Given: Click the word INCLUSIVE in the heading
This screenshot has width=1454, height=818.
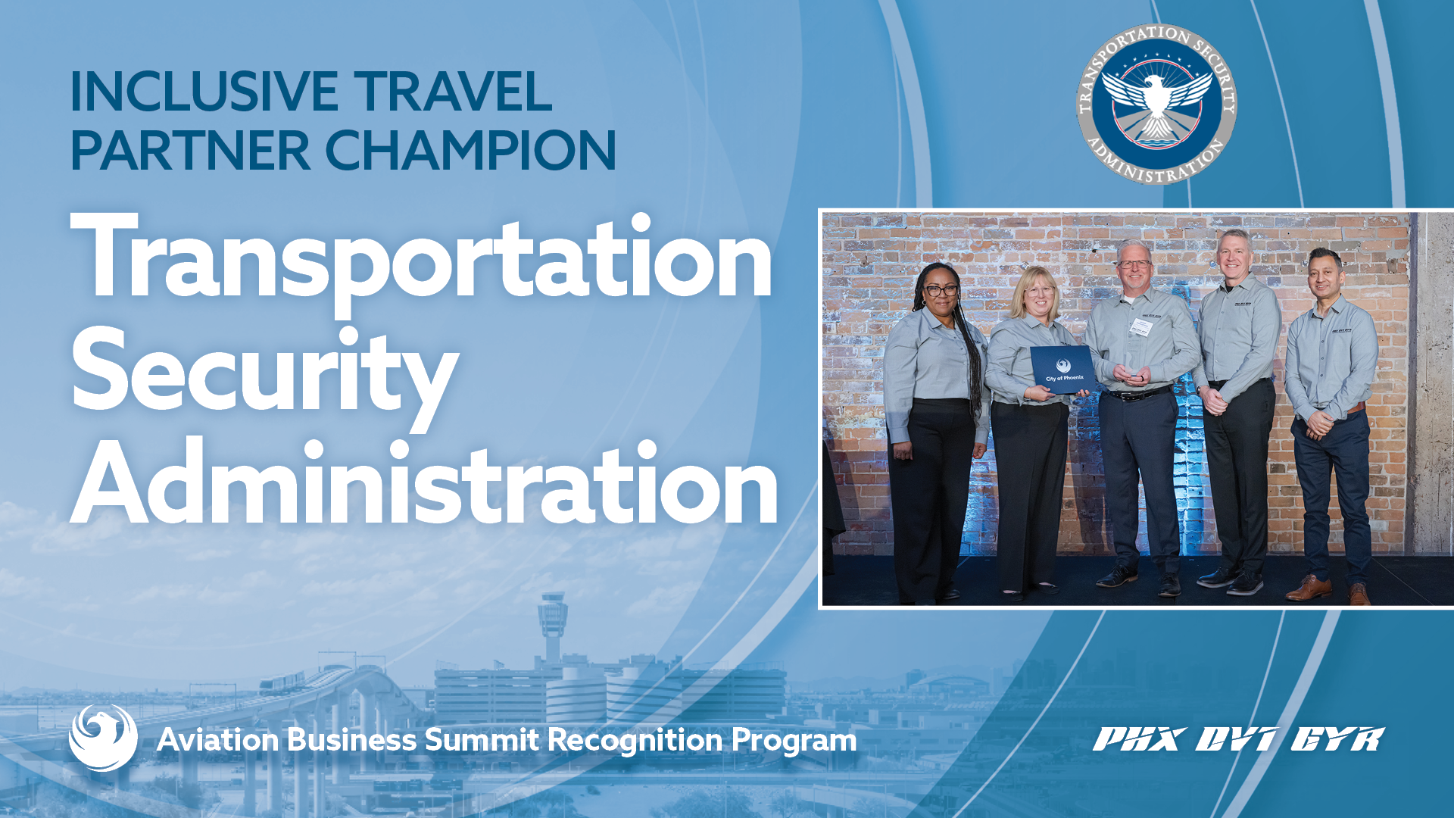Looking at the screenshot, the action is coord(203,92).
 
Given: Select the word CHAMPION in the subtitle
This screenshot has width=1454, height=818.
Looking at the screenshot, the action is coord(470,150).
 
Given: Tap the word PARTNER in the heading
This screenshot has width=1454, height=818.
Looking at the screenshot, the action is coord(190,150).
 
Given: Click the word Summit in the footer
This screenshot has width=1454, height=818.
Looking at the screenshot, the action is coord(482,740).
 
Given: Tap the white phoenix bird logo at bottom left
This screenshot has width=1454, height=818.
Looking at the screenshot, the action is coord(103,738).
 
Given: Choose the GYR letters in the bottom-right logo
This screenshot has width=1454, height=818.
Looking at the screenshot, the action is coord(1337,739).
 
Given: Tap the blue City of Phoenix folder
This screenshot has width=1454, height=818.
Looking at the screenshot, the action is coord(1062,369).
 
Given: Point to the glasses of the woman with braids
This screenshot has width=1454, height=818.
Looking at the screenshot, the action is coord(941,290).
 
